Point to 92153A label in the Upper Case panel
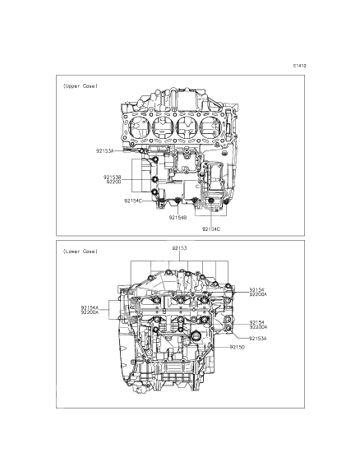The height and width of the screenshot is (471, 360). click(106, 151)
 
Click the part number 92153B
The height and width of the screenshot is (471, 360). click(113, 177)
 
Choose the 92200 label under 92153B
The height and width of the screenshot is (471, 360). click(114, 182)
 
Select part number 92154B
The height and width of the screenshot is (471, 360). click(178, 218)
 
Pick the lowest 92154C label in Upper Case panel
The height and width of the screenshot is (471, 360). click(210, 229)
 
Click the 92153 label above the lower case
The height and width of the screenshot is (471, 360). click(179, 247)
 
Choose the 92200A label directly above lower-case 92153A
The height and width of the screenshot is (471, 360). click(257, 327)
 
